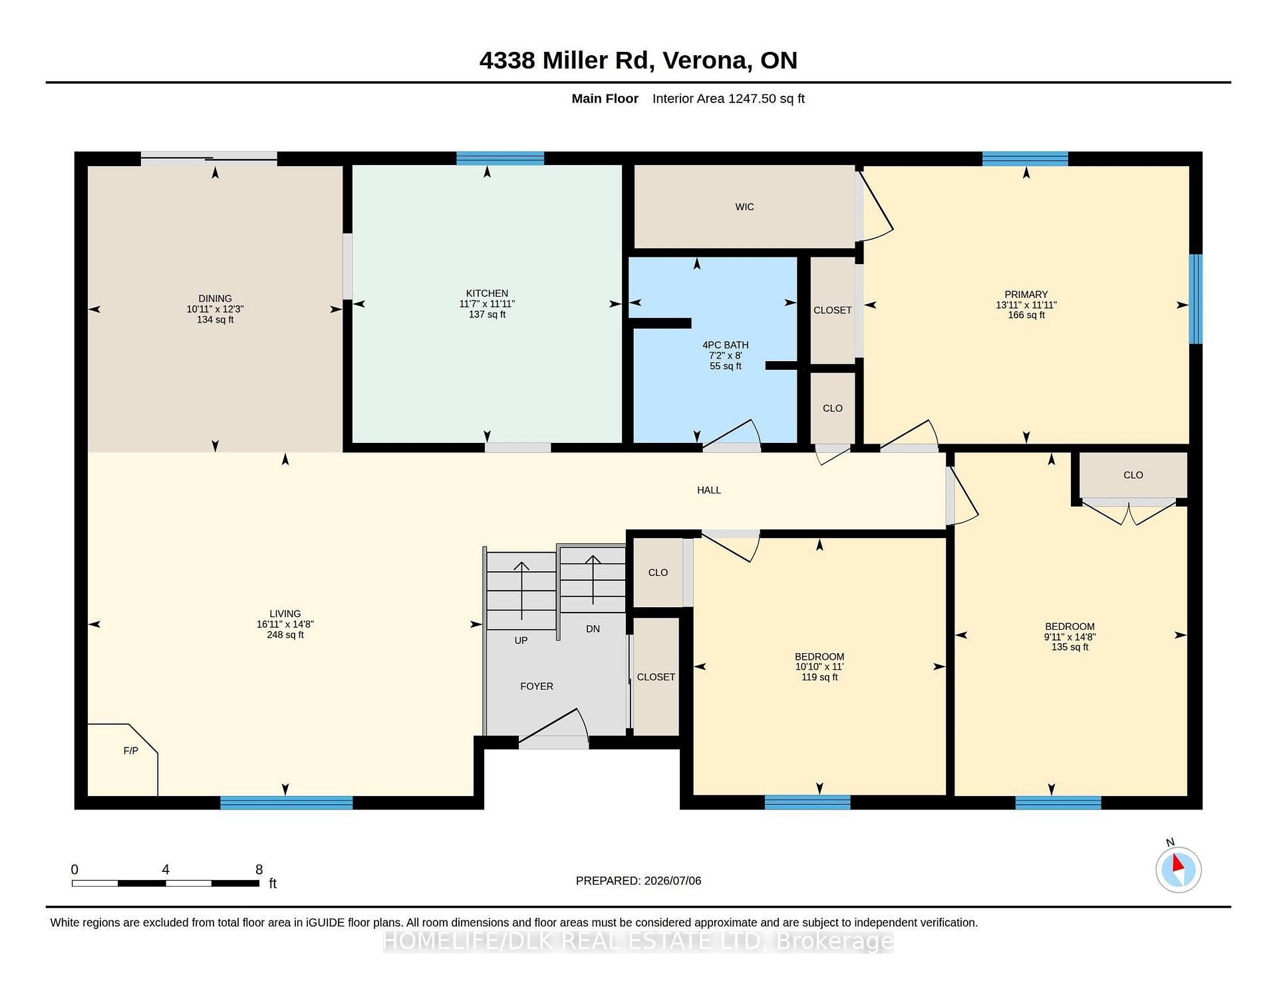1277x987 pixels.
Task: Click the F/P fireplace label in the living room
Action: (x=131, y=751)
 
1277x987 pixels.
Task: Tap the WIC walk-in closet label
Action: (x=744, y=207)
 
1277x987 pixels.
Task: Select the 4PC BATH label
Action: (x=725, y=345)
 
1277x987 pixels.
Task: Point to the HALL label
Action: (x=709, y=490)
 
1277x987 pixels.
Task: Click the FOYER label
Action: (x=537, y=686)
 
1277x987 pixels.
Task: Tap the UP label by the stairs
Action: (x=521, y=640)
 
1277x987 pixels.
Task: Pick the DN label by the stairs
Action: (x=593, y=629)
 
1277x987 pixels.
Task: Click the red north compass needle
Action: (x=1178, y=863)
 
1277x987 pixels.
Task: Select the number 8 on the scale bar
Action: (x=259, y=869)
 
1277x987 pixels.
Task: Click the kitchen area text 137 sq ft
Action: (x=487, y=315)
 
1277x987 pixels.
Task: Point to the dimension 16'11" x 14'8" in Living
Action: (x=285, y=625)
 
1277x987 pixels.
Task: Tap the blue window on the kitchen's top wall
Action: (x=500, y=158)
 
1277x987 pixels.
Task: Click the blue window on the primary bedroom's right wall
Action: (x=1196, y=299)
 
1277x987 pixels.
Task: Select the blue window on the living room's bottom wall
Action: (x=287, y=803)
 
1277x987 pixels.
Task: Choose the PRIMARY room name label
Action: (x=1026, y=295)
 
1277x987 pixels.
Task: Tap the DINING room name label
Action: (x=215, y=299)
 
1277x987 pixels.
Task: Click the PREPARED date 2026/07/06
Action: (x=672, y=881)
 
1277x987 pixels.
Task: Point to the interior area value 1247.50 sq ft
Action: (x=766, y=98)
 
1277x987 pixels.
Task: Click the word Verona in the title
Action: (x=706, y=61)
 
